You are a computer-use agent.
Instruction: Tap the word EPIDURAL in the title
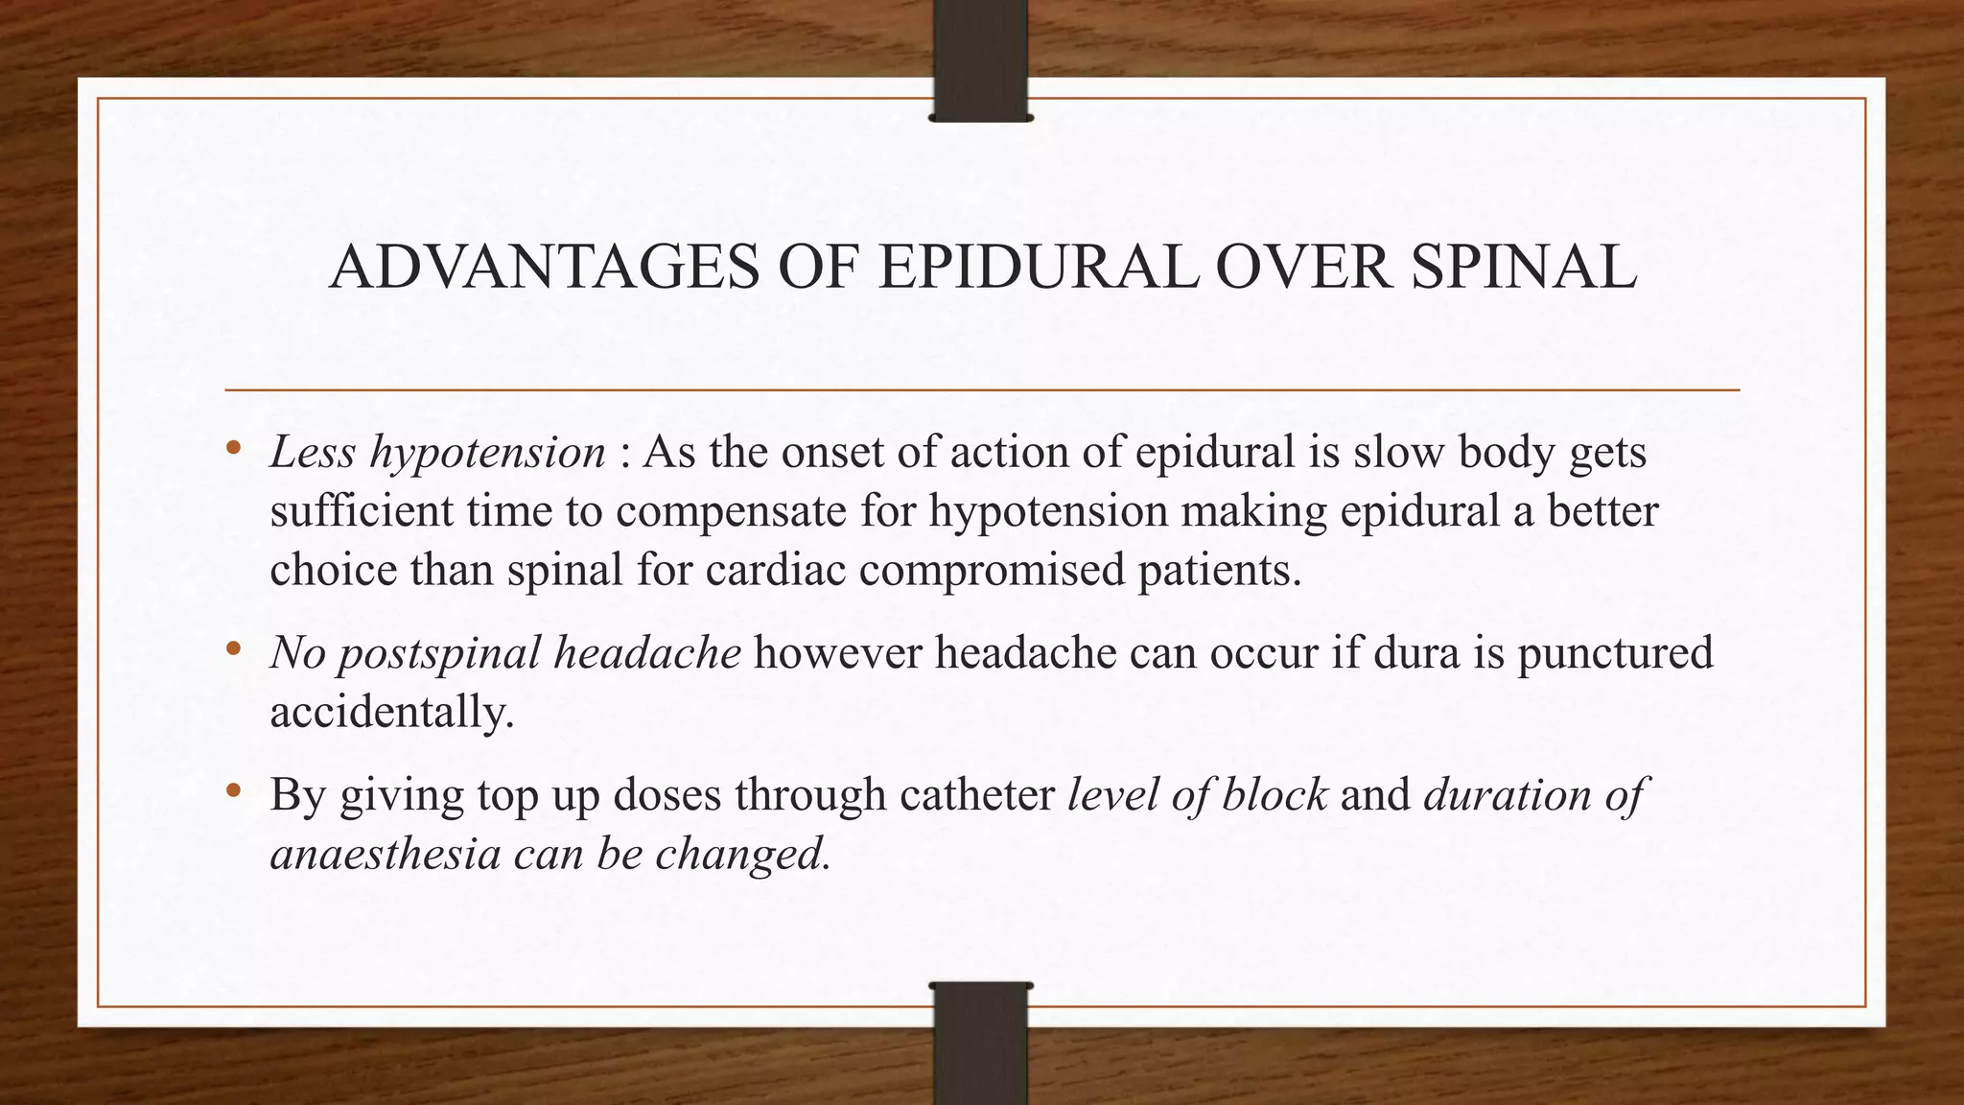pyautogui.click(x=1038, y=267)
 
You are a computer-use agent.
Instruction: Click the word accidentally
pyautogui.click(x=391, y=712)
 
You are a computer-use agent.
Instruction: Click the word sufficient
pyautogui.click(x=362, y=510)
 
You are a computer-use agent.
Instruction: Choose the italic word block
pyautogui.click(x=1274, y=794)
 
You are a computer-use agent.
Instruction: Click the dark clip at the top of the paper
pyautogui.click(x=980, y=60)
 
